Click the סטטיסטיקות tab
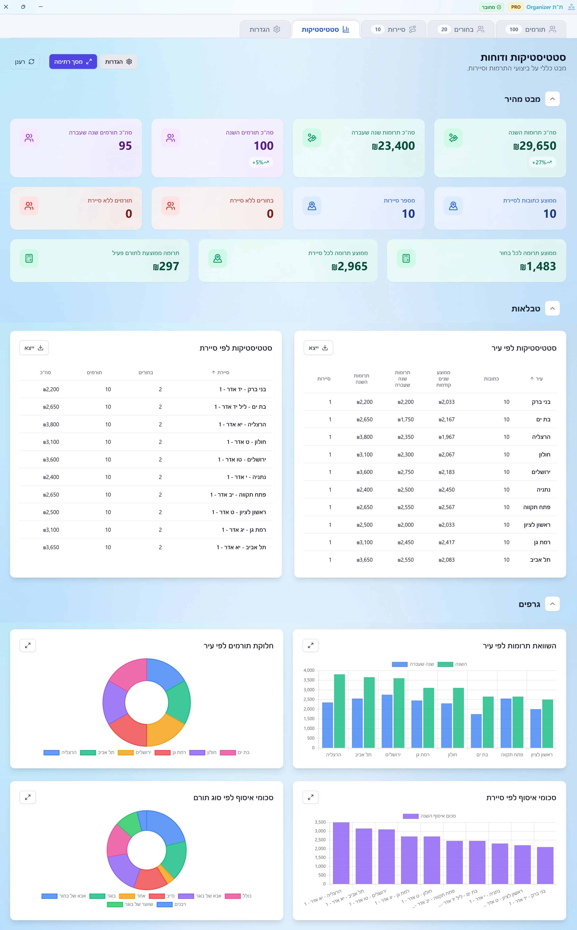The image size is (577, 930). (325, 29)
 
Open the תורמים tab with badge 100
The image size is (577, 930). (530, 29)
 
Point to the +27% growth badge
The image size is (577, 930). (542, 162)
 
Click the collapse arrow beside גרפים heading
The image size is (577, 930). (552, 604)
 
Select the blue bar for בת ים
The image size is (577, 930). (476, 731)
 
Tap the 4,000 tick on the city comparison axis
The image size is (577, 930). (309, 670)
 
